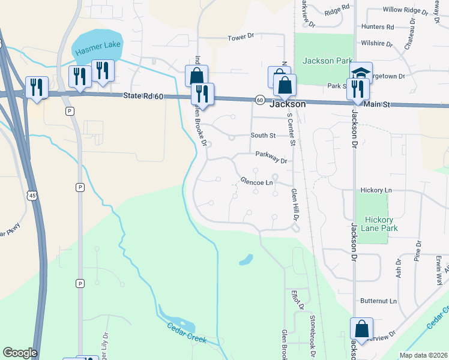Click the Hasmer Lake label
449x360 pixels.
click(x=98, y=46)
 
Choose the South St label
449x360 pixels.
click(x=263, y=136)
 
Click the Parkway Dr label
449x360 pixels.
click(x=271, y=158)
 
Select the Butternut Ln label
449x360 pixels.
click(x=379, y=301)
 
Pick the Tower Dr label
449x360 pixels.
click(x=241, y=37)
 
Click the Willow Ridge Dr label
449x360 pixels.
click(x=403, y=10)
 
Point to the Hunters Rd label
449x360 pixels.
click(x=378, y=27)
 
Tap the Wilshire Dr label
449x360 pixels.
click(x=377, y=44)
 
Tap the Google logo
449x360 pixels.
click(x=20, y=353)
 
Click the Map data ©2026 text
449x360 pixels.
click(x=423, y=355)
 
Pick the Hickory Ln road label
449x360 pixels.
click(x=376, y=190)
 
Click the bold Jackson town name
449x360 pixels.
click(x=288, y=104)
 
